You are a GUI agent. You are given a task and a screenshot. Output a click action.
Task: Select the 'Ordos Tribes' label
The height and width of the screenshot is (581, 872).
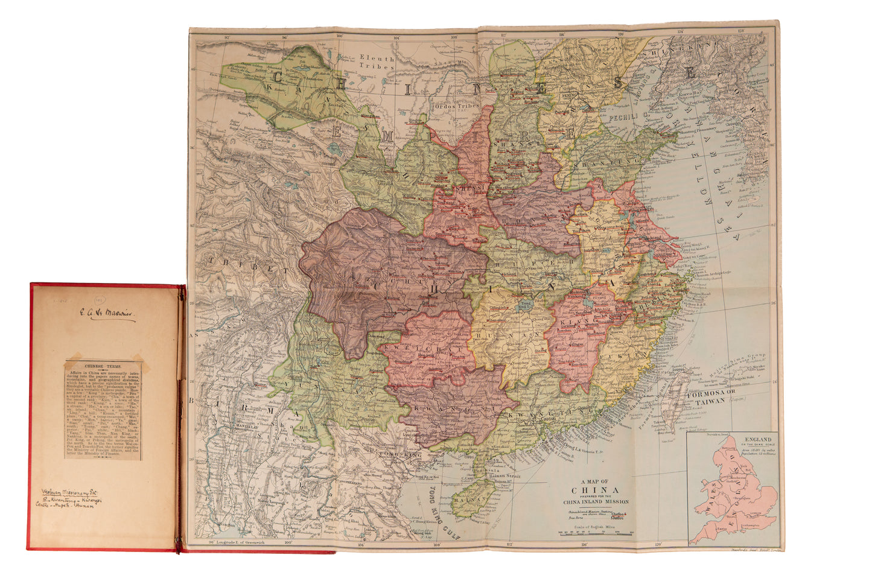(456, 106)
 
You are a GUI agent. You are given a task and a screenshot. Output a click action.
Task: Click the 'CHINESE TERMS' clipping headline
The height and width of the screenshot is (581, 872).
(103, 366)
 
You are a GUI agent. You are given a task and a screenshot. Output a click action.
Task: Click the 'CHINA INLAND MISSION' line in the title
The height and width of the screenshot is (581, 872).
(596, 502)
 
